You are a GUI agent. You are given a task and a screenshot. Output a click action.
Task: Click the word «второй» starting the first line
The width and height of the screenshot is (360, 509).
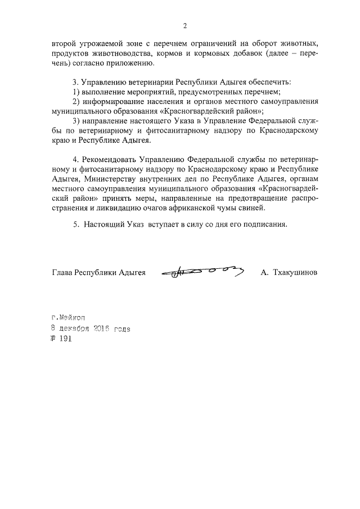pyautogui.click(x=64, y=43)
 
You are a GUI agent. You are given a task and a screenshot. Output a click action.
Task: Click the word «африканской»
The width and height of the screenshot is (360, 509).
pyautogui.click(x=196, y=207)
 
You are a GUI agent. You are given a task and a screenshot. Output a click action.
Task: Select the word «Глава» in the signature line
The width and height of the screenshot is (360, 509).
pyautogui.click(x=62, y=272)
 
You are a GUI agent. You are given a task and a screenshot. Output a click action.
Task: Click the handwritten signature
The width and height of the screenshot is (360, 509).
pyautogui.click(x=202, y=272)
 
